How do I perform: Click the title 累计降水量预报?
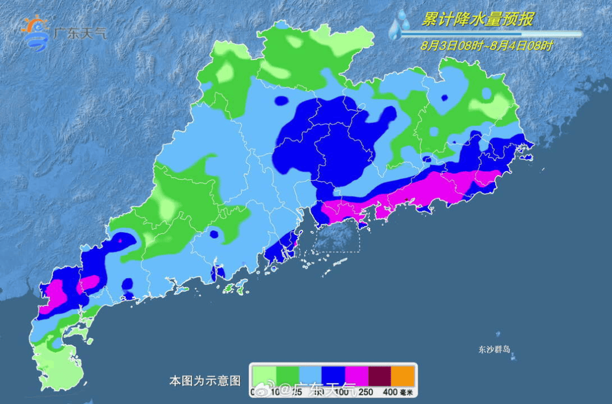click(x=477, y=20)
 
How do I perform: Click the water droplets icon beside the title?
click(x=400, y=25)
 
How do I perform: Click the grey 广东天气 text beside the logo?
click(x=79, y=32)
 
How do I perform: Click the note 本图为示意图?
click(x=205, y=380)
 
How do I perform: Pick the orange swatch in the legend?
click(x=403, y=375)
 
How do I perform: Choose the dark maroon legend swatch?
click(x=380, y=375)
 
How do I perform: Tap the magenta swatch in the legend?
click(x=357, y=375)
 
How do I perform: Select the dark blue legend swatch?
click(x=334, y=375)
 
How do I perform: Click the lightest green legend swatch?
click(x=264, y=375)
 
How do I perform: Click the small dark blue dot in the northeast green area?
click(x=444, y=97)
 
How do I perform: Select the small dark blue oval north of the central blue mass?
click(x=280, y=101)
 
